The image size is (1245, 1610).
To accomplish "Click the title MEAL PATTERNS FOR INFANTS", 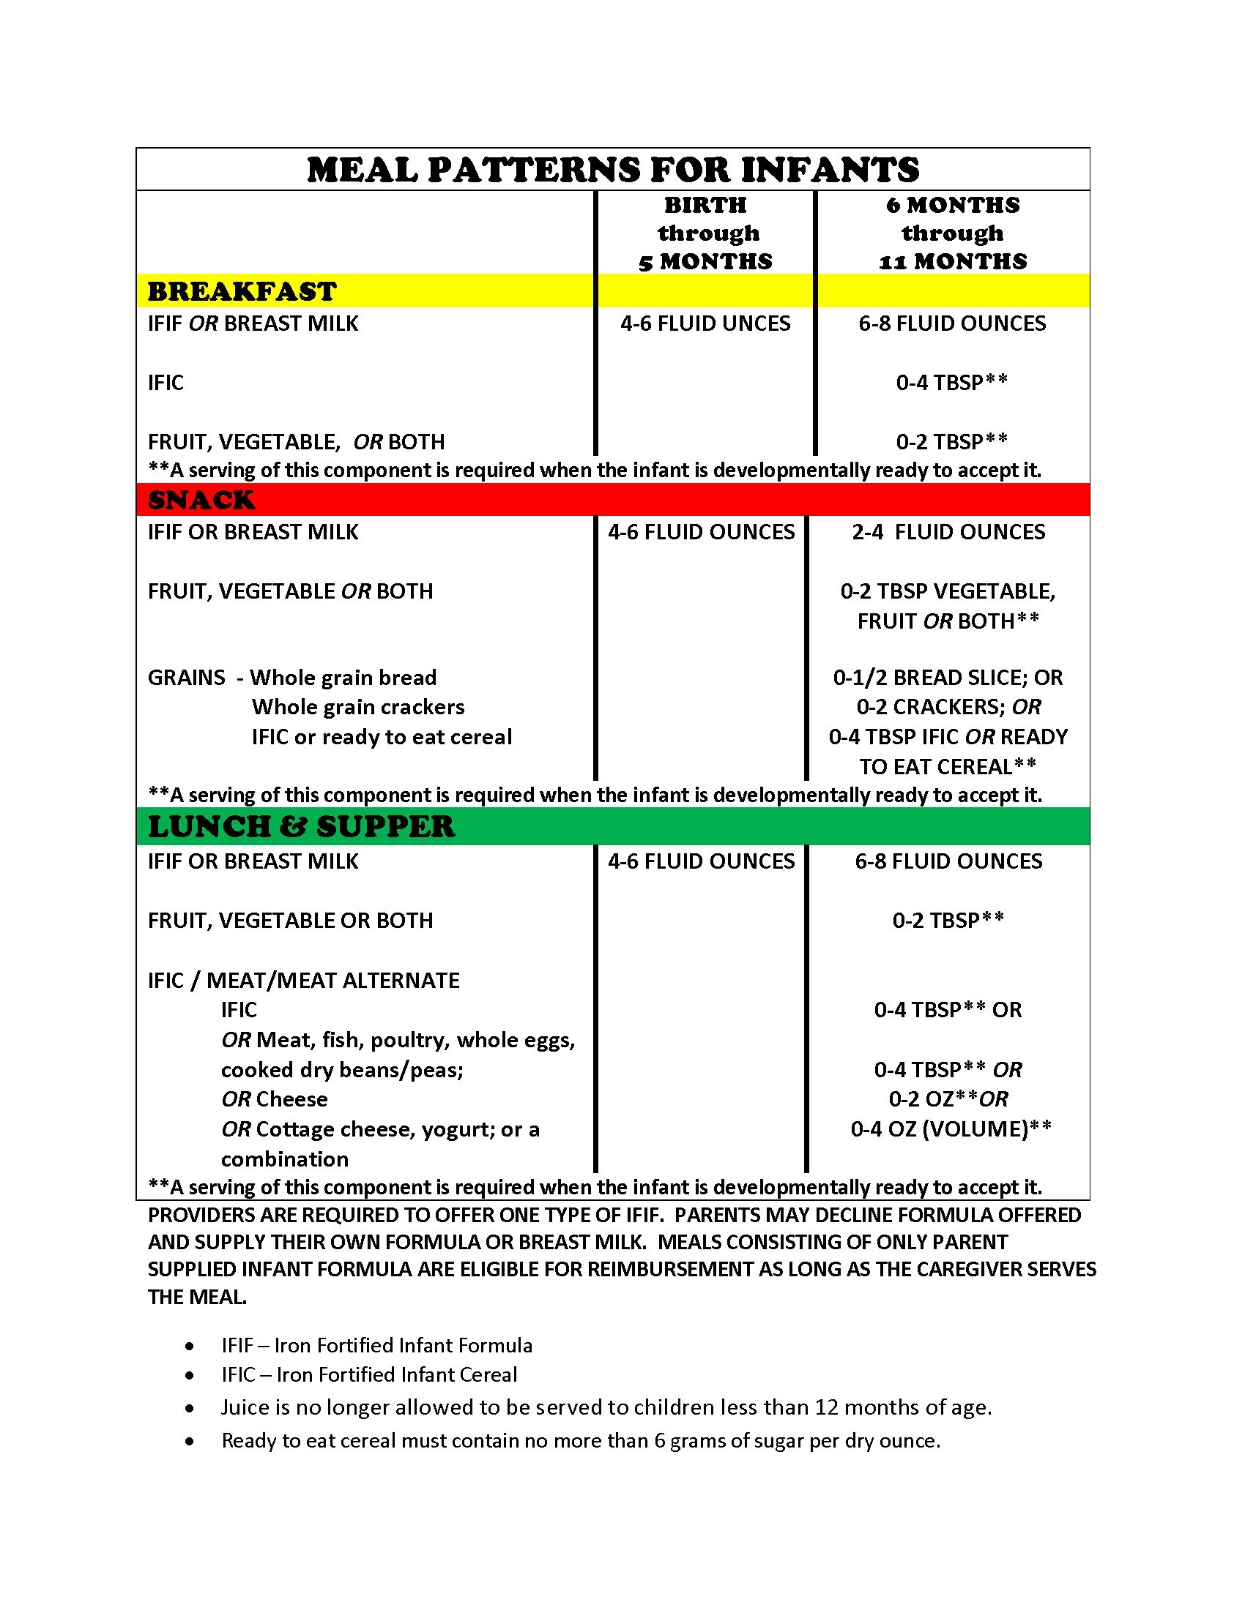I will point(612,171).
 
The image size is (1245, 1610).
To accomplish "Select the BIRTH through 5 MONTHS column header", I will point(705,233).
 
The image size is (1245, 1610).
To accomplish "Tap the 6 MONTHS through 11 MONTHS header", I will point(952,233).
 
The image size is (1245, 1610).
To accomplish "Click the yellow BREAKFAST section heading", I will point(242,291).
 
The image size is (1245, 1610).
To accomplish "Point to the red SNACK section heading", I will point(201,500).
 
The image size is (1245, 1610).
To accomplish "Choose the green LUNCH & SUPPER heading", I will point(301,826).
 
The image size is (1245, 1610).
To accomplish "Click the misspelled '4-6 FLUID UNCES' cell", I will point(705,323).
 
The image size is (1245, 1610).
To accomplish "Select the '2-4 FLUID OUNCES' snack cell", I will point(948,532).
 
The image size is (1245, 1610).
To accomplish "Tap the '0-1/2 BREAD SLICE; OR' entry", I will point(948,678).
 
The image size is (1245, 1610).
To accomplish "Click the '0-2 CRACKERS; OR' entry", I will point(948,707).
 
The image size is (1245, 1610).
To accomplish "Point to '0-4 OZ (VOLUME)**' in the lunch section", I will point(951,1128).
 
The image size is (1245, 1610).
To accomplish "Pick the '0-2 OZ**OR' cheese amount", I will point(948,1099).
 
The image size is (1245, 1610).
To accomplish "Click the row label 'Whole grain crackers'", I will point(357,707).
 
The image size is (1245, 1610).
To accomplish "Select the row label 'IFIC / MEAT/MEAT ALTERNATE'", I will point(303,981).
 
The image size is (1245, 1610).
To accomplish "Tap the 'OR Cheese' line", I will point(275,1099).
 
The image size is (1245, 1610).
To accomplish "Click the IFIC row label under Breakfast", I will point(166,383).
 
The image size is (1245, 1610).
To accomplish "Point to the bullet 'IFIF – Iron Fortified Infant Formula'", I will point(377,1345).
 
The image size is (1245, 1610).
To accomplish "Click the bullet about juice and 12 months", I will point(606,1407).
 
